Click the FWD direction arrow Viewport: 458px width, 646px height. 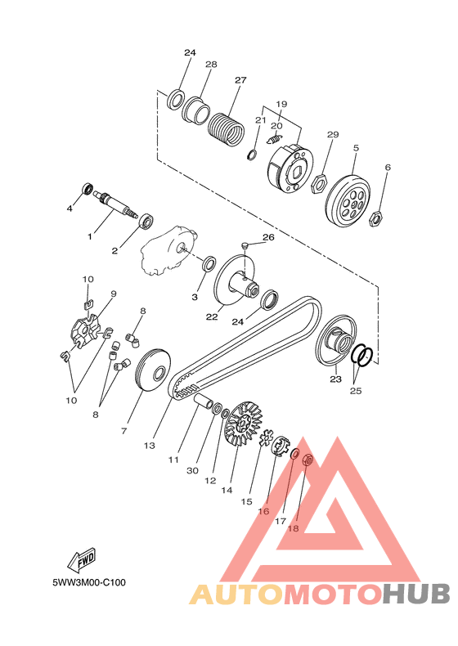82,559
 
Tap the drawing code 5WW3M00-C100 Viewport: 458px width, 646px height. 89,582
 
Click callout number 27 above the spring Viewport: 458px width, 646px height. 240,80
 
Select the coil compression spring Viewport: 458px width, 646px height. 226,129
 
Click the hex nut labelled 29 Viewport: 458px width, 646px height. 319,183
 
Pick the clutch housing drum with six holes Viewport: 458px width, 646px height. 348,201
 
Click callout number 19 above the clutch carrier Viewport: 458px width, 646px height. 281,104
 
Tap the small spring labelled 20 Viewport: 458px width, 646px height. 275,139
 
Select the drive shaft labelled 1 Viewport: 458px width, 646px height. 118,204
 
